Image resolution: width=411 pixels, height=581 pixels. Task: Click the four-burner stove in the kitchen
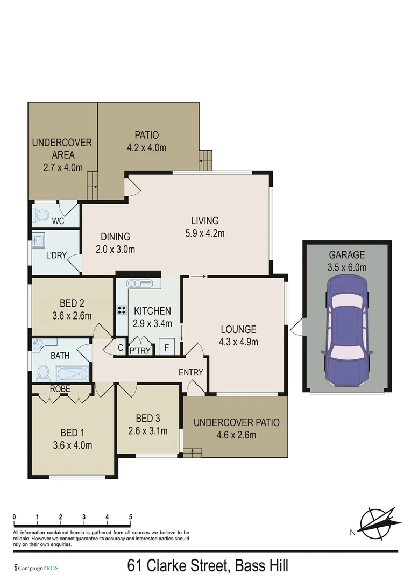click(122, 309)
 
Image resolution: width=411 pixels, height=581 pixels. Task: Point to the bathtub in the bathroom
click(72, 372)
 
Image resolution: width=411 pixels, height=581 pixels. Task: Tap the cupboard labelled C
click(121, 348)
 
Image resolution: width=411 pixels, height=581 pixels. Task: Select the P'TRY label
click(140, 350)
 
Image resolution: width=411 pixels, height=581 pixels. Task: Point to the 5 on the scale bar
click(131, 517)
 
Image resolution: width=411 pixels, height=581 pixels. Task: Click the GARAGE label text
click(347, 255)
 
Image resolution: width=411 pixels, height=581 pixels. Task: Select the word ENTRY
click(191, 372)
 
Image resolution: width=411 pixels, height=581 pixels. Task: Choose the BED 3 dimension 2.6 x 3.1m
click(147, 430)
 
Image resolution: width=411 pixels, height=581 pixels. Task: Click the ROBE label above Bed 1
click(60, 388)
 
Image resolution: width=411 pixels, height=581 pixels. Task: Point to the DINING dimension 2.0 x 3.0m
click(115, 249)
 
